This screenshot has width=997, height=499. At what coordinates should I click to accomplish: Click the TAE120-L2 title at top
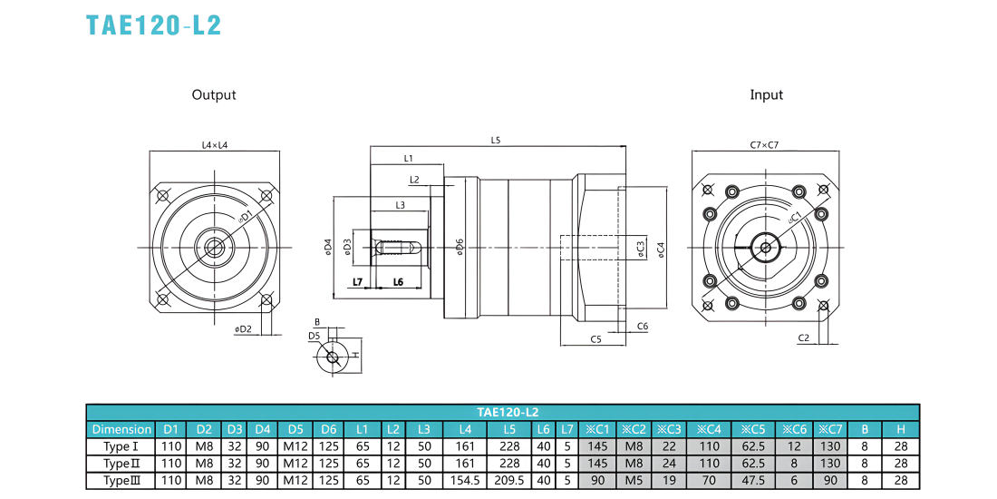coord(154,24)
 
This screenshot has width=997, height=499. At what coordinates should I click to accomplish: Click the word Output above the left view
coord(214,95)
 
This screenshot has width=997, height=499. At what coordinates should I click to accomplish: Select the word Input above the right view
coord(767,95)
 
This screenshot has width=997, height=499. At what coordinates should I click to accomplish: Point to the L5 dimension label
coord(496,141)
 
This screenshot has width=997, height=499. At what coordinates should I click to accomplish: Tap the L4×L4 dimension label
coord(215,145)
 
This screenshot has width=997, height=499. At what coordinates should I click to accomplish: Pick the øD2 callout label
coord(243,329)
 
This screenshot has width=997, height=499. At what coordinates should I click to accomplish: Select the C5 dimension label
coord(595,339)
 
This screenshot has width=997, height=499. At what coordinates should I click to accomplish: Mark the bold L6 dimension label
coord(398,281)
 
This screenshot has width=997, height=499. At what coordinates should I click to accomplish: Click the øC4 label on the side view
coord(662,249)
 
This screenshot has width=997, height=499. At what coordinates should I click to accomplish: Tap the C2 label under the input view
coord(803,338)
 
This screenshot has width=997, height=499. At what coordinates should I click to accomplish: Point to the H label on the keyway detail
coord(357,355)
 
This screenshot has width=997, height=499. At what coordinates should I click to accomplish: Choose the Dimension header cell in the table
coord(121,429)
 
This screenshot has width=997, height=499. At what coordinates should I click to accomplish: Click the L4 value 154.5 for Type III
coord(465,481)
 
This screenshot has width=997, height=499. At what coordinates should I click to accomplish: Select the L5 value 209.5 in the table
coord(509,481)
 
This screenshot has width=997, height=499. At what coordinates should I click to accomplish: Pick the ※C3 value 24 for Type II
coord(669,464)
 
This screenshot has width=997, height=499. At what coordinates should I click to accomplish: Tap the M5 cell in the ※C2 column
coord(634,481)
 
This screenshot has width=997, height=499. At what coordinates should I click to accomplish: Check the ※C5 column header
coord(753,429)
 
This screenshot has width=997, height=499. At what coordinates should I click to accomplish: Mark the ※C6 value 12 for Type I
coord(794,446)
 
